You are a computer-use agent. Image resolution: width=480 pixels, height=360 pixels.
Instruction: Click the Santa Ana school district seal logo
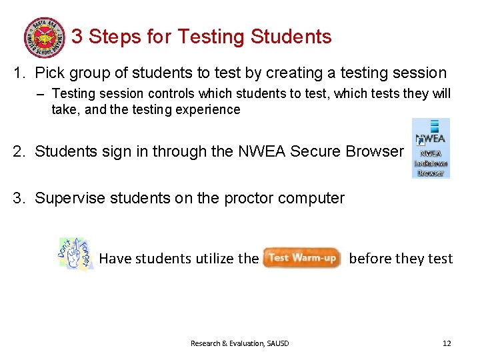pos(45,37)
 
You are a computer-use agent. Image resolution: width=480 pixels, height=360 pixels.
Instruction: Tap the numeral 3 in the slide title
pos(77,37)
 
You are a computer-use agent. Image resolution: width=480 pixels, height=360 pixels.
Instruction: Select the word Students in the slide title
pos(291,37)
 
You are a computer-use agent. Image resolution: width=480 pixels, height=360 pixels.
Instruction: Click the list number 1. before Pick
pos(19,73)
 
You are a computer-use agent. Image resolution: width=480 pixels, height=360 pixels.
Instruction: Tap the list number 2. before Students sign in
pos(19,151)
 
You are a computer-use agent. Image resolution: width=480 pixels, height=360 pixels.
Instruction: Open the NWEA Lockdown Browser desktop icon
pos(430,148)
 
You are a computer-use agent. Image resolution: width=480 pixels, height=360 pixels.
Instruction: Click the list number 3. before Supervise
pos(19,198)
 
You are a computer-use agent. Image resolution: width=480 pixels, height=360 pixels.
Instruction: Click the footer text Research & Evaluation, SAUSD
pos(239,343)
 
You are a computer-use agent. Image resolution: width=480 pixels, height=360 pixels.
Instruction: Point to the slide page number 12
pos(447,343)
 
